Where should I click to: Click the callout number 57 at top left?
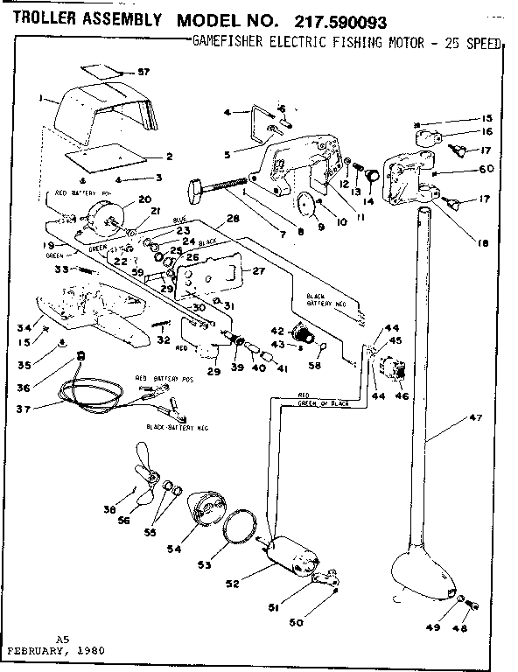pyautogui.click(x=144, y=71)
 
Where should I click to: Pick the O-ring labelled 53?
pyautogui.click(x=239, y=530)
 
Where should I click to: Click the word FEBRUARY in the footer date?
pyautogui.click(x=37, y=652)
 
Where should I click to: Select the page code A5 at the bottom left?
pyautogui.click(x=61, y=640)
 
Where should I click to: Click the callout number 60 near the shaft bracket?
pyautogui.click(x=486, y=169)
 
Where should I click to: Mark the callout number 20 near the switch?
pyautogui.click(x=145, y=199)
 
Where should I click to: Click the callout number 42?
pyautogui.click(x=278, y=331)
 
